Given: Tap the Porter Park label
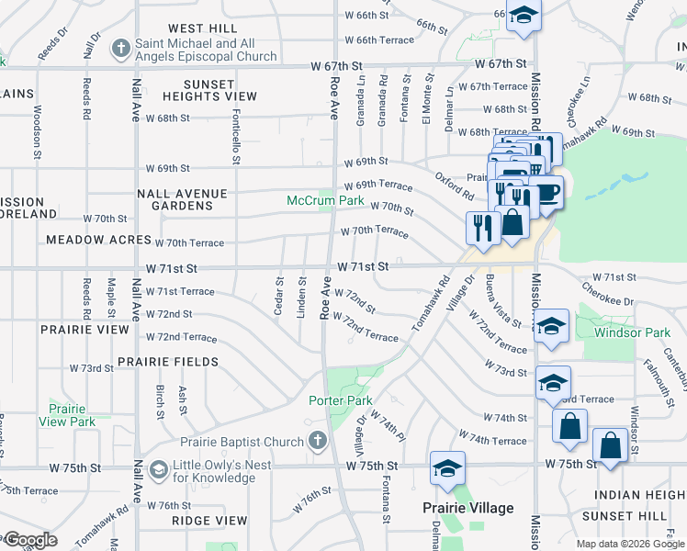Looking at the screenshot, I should pyautogui.click(x=341, y=400).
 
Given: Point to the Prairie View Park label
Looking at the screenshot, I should pyautogui.click(x=67, y=415).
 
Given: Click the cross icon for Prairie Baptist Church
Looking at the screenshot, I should pyautogui.click(x=318, y=442).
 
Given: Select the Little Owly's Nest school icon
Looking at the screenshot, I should pyautogui.click(x=158, y=471).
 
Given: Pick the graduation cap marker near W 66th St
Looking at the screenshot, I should pyautogui.click(x=524, y=16).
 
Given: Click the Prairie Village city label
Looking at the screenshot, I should pyautogui.click(x=467, y=508).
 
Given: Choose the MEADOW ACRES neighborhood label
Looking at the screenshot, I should pyautogui.click(x=98, y=240).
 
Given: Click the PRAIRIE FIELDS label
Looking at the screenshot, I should pyautogui.click(x=167, y=362).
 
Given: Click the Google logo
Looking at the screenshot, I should pyautogui.click(x=29, y=540).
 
